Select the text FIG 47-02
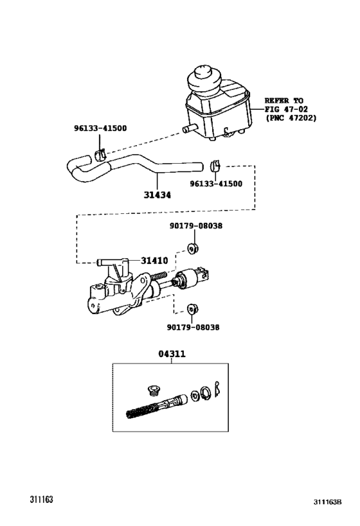pyautogui.click(x=289, y=109)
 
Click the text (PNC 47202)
pyautogui.click(x=291, y=118)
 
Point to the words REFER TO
pyautogui.click(x=283, y=101)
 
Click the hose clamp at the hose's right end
pyautogui.click(x=216, y=167)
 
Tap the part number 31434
pyautogui.click(x=157, y=195)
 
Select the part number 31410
pyautogui.click(x=154, y=261)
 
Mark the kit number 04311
pyautogui.click(x=172, y=353)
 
